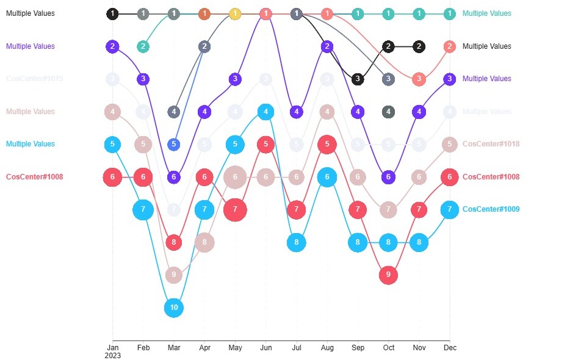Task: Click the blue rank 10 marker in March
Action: pyautogui.click(x=174, y=307)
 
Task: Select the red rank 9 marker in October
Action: pyautogui.click(x=388, y=275)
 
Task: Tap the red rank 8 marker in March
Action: pyautogui.click(x=174, y=242)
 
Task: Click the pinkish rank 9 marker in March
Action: pyautogui.click(x=174, y=275)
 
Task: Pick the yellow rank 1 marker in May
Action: pyautogui.click(x=235, y=13)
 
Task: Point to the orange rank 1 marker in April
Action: pyautogui.click(x=204, y=13)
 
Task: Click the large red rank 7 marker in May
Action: pyautogui.click(x=235, y=210)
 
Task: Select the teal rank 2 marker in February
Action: pyautogui.click(x=143, y=46)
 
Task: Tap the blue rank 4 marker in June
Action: pyautogui.click(x=265, y=112)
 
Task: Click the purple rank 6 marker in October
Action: pyautogui.click(x=388, y=177)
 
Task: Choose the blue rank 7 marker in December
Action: pyautogui.click(x=450, y=209)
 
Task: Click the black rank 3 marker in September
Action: pyautogui.click(x=358, y=79)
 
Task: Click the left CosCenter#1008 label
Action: pyautogui.click(x=34, y=177)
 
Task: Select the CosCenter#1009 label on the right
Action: pyautogui.click(x=491, y=209)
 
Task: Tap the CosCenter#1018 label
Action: pyautogui.click(x=491, y=144)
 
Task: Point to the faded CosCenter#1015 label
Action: pyautogui.click(x=34, y=79)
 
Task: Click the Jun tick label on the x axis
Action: pyautogui.click(x=265, y=348)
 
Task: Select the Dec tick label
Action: pyautogui.click(x=450, y=348)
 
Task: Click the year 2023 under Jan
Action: pyautogui.click(x=112, y=356)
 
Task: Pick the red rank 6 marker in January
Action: pyautogui.click(x=112, y=177)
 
